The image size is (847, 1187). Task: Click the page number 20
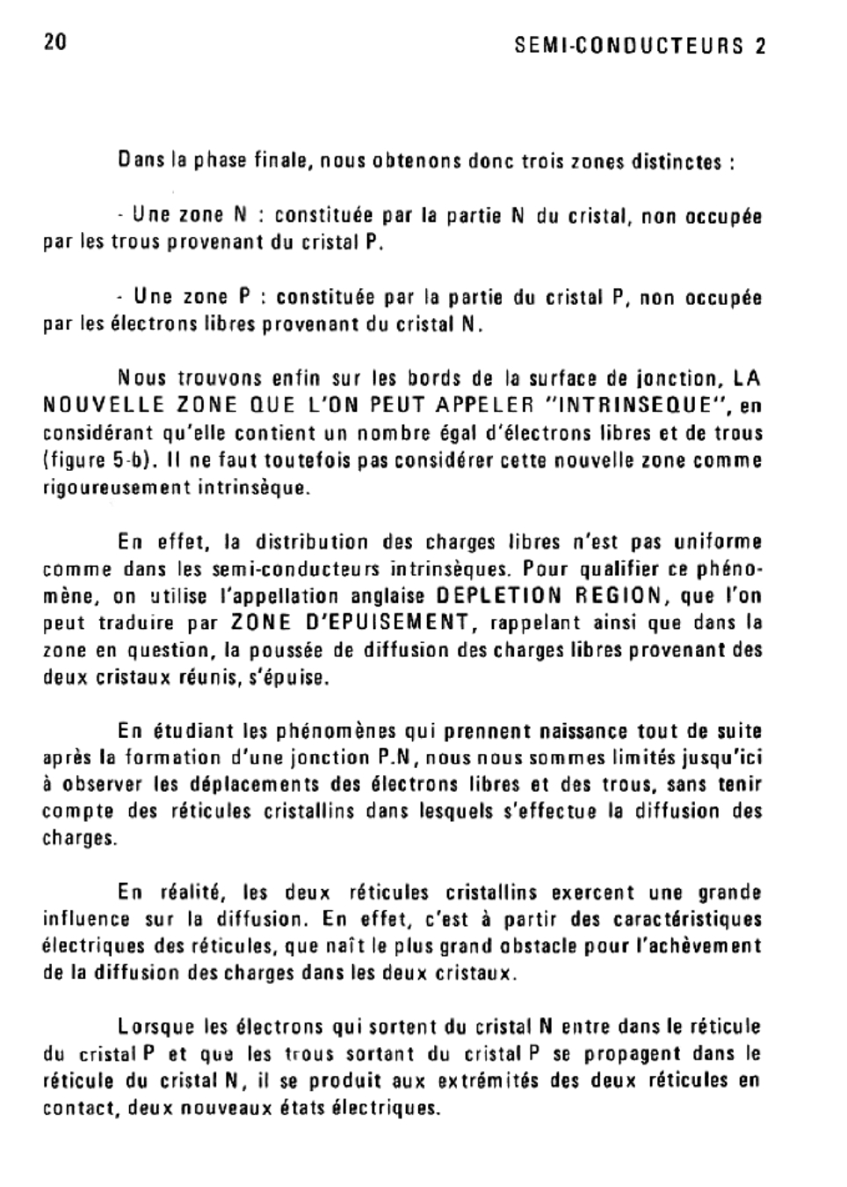point(54,42)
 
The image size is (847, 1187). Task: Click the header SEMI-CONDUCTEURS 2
point(640,47)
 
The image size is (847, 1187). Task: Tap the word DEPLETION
point(499,596)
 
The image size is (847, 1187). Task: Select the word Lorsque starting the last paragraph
point(156,1026)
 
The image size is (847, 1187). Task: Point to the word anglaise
point(389,597)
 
